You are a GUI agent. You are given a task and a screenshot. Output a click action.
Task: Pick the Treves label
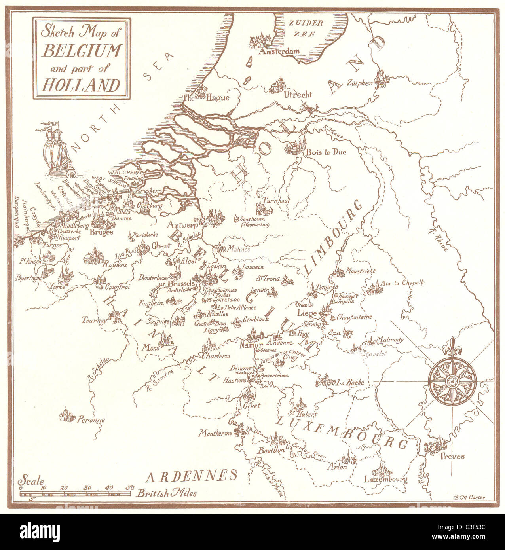[x=452, y=456]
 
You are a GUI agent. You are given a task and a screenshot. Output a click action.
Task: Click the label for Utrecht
[x=298, y=95]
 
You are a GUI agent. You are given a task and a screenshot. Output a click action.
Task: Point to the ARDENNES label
[x=191, y=476]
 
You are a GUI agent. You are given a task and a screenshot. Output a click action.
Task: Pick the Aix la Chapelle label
[x=402, y=283]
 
